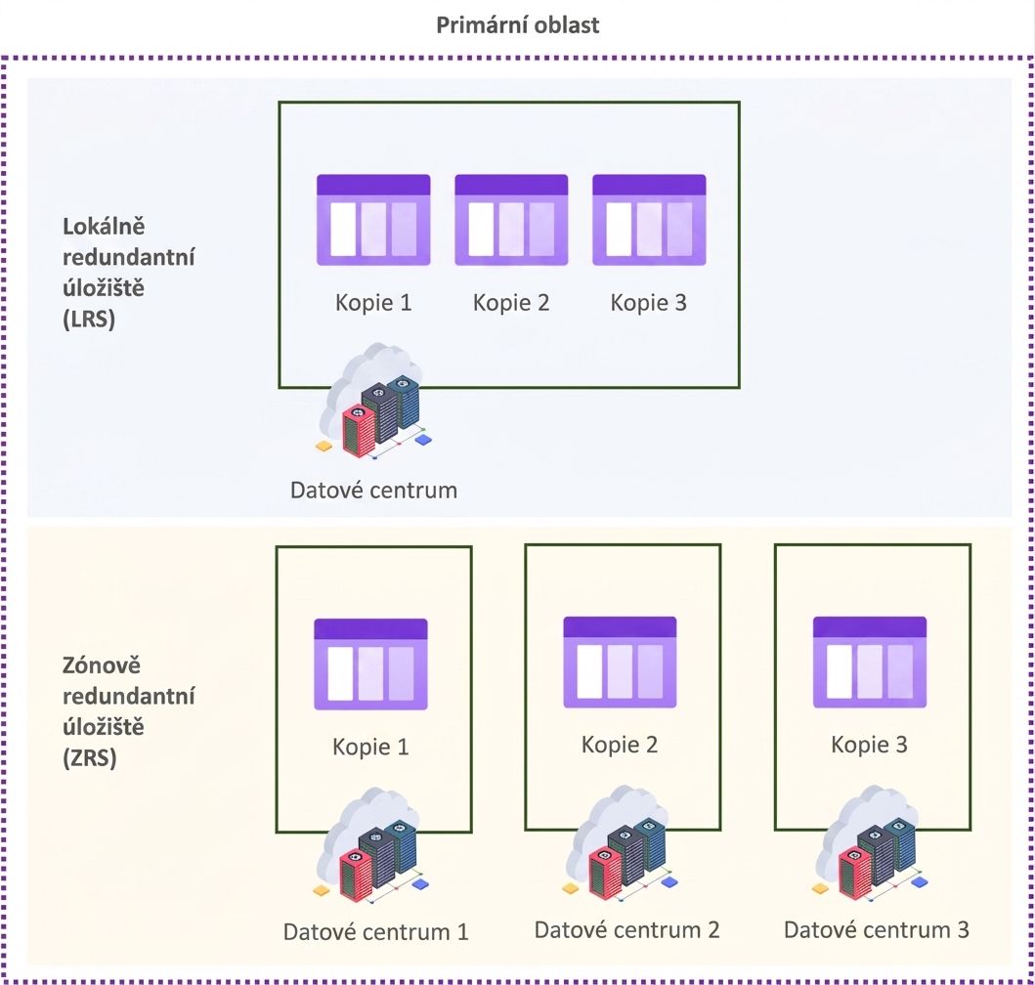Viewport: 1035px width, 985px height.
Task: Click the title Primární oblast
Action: pyautogui.click(x=518, y=25)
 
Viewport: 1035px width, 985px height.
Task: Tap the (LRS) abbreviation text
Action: pyautogui.click(x=89, y=319)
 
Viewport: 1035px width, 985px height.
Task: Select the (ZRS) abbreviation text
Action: pyautogui.click(x=90, y=757)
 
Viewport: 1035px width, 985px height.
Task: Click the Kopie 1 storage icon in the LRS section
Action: pyautogui.click(x=373, y=220)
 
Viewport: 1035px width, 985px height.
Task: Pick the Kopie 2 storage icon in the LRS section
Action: pyautogui.click(x=511, y=220)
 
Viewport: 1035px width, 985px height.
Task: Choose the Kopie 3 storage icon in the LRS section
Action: pyautogui.click(x=650, y=220)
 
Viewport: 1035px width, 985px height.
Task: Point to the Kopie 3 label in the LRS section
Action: pyautogui.click(x=648, y=302)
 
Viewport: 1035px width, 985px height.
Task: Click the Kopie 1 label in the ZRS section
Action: pyautogui.click(x=370, y=747)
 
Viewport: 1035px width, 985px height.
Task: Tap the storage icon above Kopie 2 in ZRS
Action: pyautogui.click(x=620, y=663)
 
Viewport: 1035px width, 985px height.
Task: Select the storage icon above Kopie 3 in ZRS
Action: pyautogui.click(x=870, y=663)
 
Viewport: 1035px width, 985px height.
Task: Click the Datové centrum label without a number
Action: pyautogui.click(x=373, y=490)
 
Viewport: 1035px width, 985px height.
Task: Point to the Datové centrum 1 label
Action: pyautogui.click(x=375, y=931)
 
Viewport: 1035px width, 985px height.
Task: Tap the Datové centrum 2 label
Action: pyautogui.click(x=626, y=929)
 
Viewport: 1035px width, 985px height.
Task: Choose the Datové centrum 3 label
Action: pyautogui.click(x=876, y=929)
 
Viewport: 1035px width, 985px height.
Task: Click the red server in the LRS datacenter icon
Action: pyautogui.click(x=359, y=430)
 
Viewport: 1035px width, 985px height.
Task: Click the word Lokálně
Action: pyautogui.click(x=104, y=227)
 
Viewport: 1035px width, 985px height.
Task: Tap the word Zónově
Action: pyautogui.click(x=102, y=664)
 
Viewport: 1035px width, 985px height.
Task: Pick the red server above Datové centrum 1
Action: pyautogui.click(x=357, y=875)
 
